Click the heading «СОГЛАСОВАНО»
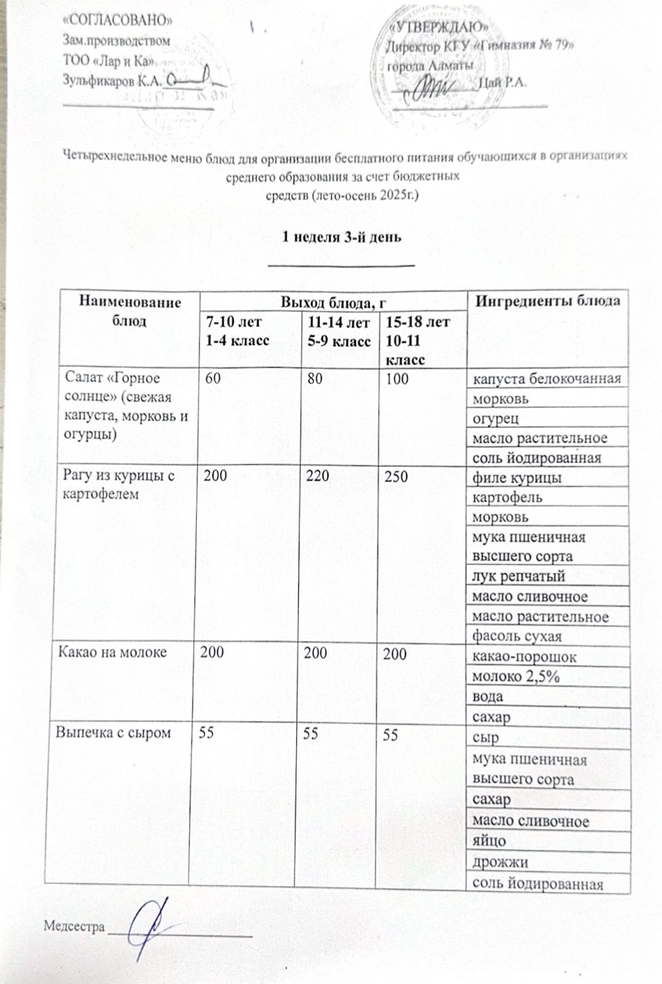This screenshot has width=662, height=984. pos(118,20)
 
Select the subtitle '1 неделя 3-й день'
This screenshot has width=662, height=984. pos(341,237)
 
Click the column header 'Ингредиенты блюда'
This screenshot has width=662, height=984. pos(549,301)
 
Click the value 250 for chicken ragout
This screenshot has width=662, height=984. pos(397,476)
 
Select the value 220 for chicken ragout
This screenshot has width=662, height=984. pos(317,476)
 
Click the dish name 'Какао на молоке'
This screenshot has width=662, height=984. pos(112,652)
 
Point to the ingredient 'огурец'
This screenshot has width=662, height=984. pos(495,418)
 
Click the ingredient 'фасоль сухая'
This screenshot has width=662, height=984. pos(517,636)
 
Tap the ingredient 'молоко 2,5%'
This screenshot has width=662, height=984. pos(514,676)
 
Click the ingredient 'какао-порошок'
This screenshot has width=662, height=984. pos(524,656)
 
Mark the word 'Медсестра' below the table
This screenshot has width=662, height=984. pos(74,926)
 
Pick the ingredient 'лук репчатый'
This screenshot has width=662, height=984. pos(518,576)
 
